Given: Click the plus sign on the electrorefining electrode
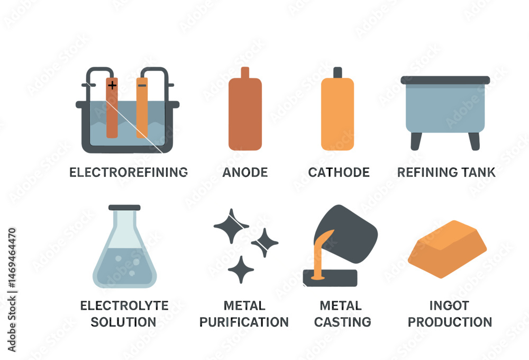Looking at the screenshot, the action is pos(112,85).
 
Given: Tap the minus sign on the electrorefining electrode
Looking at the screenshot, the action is pos(142,85).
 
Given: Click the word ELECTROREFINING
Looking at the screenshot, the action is pos(129,172).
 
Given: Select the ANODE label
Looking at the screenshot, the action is pos(245,172).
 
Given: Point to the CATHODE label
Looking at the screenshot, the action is pos(339,172).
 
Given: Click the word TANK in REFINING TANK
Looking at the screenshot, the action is pos(478,172).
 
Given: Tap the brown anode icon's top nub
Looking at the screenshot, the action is pos(245,73).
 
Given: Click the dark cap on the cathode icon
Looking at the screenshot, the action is pos(338,73).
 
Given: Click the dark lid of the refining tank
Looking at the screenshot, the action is pos(445,80).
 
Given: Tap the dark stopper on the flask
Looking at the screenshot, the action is pos(124,208).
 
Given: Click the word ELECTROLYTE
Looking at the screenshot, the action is pos(124,305).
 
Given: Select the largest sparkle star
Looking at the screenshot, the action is pos(232,226).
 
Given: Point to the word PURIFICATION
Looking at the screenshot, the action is pos(244,322).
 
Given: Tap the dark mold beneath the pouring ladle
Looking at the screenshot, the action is pos(330,278).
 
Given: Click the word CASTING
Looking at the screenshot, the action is pos(342,322).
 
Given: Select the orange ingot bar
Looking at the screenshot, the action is pos(447,249).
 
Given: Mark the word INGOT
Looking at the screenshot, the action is pos(449,305).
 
